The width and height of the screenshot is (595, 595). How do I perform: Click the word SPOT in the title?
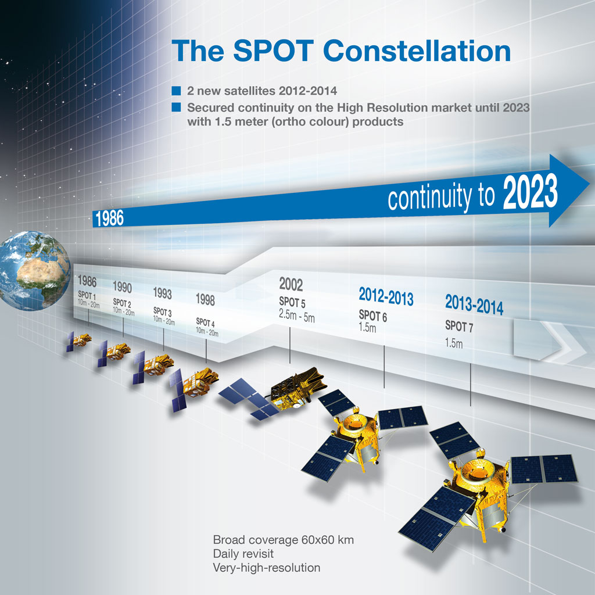tap(273, 51)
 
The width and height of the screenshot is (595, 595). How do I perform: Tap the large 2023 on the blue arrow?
tap(530, 191)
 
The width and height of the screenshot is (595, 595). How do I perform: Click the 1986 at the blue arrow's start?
tap(109, 218)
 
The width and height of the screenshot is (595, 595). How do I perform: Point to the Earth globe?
tap(34, 271)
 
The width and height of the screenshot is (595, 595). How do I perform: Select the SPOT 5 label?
tap(292, 302)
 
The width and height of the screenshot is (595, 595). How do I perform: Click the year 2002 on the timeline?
tap(291, 284)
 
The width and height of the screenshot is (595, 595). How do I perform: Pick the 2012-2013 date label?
tap(386, 296)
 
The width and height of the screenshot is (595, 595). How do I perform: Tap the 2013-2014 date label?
tap(474, 304)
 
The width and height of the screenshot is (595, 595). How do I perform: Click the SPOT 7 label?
tap(459, 327)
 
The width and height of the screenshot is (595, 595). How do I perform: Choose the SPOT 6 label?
tap(372, 316)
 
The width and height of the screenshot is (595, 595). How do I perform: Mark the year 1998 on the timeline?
tap(205, 300)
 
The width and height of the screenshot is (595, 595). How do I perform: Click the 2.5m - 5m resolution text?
tap(297, 316)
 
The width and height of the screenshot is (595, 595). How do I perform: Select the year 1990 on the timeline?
tap(122, 287)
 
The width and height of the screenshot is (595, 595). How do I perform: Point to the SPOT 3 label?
tap(163, 312)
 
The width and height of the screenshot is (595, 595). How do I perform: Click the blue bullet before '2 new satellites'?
tap(176, 91)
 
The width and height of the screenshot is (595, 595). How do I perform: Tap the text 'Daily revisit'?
tap(243, 554)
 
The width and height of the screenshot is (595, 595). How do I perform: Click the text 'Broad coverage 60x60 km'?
tap(284, 540)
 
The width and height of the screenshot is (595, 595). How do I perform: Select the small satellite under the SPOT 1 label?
tap(78, 340)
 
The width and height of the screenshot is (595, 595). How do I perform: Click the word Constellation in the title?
tap(417, 51)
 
